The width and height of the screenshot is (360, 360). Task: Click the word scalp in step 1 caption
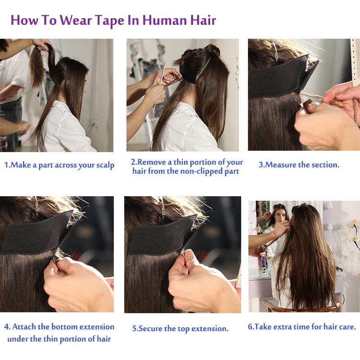tap(105, 166)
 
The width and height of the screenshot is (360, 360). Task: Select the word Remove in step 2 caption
tap(152, 162)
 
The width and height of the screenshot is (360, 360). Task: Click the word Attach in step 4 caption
tap(24, 327)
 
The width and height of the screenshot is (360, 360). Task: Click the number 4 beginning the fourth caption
tap(7, 327)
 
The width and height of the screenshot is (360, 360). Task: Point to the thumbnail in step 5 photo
tap(189, 253)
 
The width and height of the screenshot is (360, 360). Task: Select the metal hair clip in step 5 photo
tap(162, 208)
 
